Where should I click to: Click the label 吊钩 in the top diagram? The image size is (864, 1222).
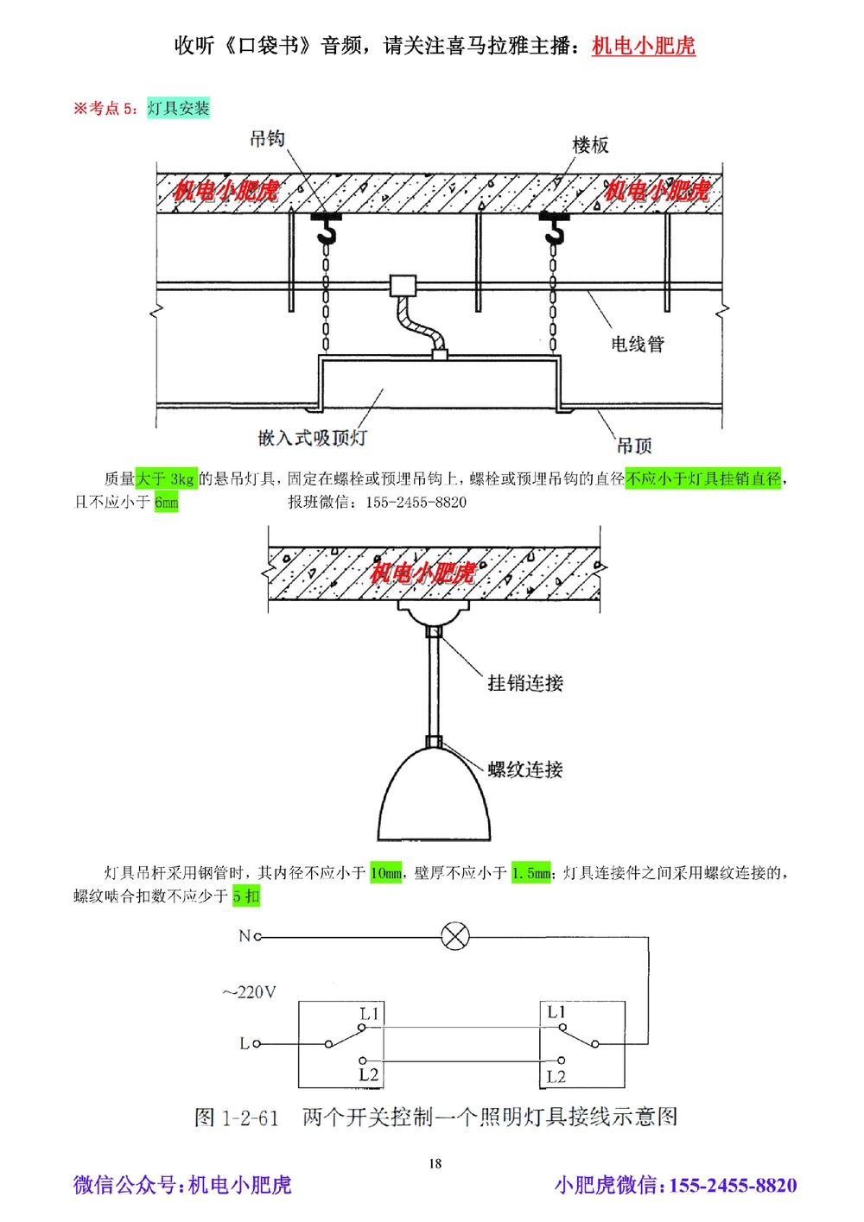point(267,139)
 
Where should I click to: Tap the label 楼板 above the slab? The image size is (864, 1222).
point(590,145)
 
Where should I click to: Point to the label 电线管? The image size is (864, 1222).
point(638,344)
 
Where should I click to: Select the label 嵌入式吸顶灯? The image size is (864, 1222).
point(312,438)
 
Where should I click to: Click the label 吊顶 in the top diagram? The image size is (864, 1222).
point(634,446)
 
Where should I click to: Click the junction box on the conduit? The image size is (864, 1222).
point(403,286)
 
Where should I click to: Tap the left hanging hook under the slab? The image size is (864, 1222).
point(326,228)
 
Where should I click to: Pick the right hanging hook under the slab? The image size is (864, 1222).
point(554,228)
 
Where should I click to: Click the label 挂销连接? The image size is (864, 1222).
point(525,683)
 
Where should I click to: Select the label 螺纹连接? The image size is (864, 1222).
point(525,769)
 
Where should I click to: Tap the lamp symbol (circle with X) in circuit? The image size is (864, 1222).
point(455,936)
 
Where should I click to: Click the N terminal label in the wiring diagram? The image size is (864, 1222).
point(245,936)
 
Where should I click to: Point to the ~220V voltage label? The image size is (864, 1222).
point(249,992)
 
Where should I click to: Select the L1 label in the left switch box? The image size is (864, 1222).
point(370,1014)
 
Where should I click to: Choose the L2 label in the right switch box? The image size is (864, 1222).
point(556,1076)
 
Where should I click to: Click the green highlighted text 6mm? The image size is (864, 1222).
point(167,503)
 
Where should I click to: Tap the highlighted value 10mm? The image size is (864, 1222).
point(386,873)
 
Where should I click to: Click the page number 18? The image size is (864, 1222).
point(435,1163)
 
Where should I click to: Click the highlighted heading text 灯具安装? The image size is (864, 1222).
point(178,108)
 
